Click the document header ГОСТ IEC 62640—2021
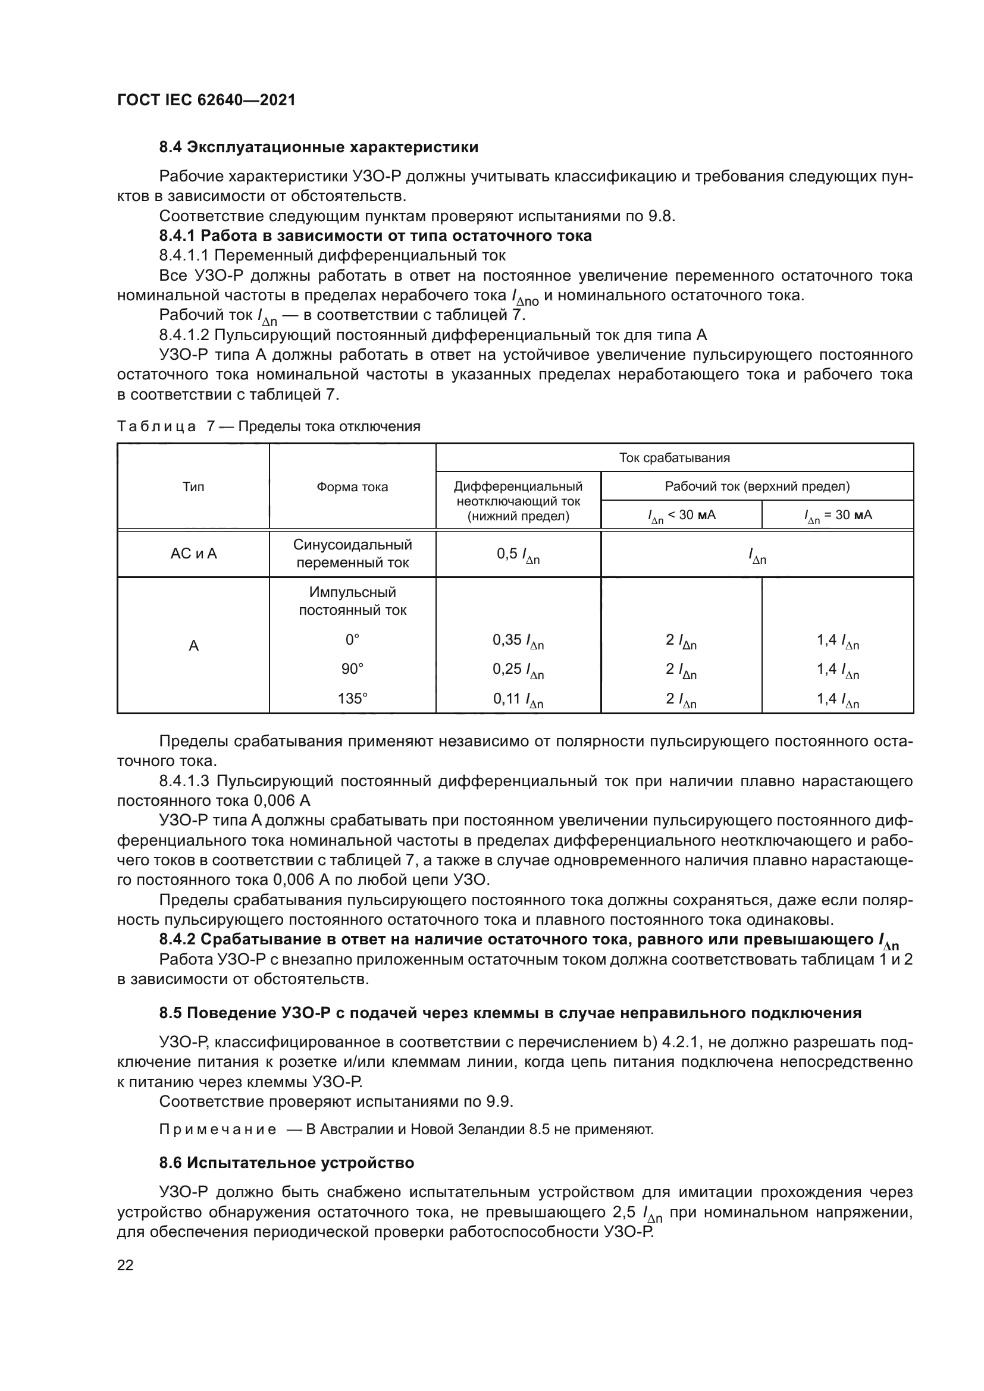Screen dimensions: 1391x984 206,100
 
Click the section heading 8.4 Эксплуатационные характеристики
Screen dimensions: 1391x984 318,147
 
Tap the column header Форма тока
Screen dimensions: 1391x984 352,487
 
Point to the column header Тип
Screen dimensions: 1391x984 193,487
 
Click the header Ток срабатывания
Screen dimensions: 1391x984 674,458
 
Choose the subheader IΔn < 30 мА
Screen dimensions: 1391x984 681,516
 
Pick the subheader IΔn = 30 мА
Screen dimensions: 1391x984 838,516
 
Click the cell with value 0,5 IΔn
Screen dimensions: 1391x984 518,554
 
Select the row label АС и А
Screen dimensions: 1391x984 193,554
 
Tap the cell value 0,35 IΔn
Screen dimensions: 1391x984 518,640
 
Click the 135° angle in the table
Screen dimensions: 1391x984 352,699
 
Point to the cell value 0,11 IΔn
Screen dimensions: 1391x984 518,700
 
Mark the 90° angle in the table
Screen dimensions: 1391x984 352,670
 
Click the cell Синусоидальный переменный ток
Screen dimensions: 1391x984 352,554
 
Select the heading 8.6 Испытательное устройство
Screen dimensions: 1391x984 287,1163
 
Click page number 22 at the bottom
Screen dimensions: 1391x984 125,1265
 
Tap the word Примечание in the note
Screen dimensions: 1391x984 218,1130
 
